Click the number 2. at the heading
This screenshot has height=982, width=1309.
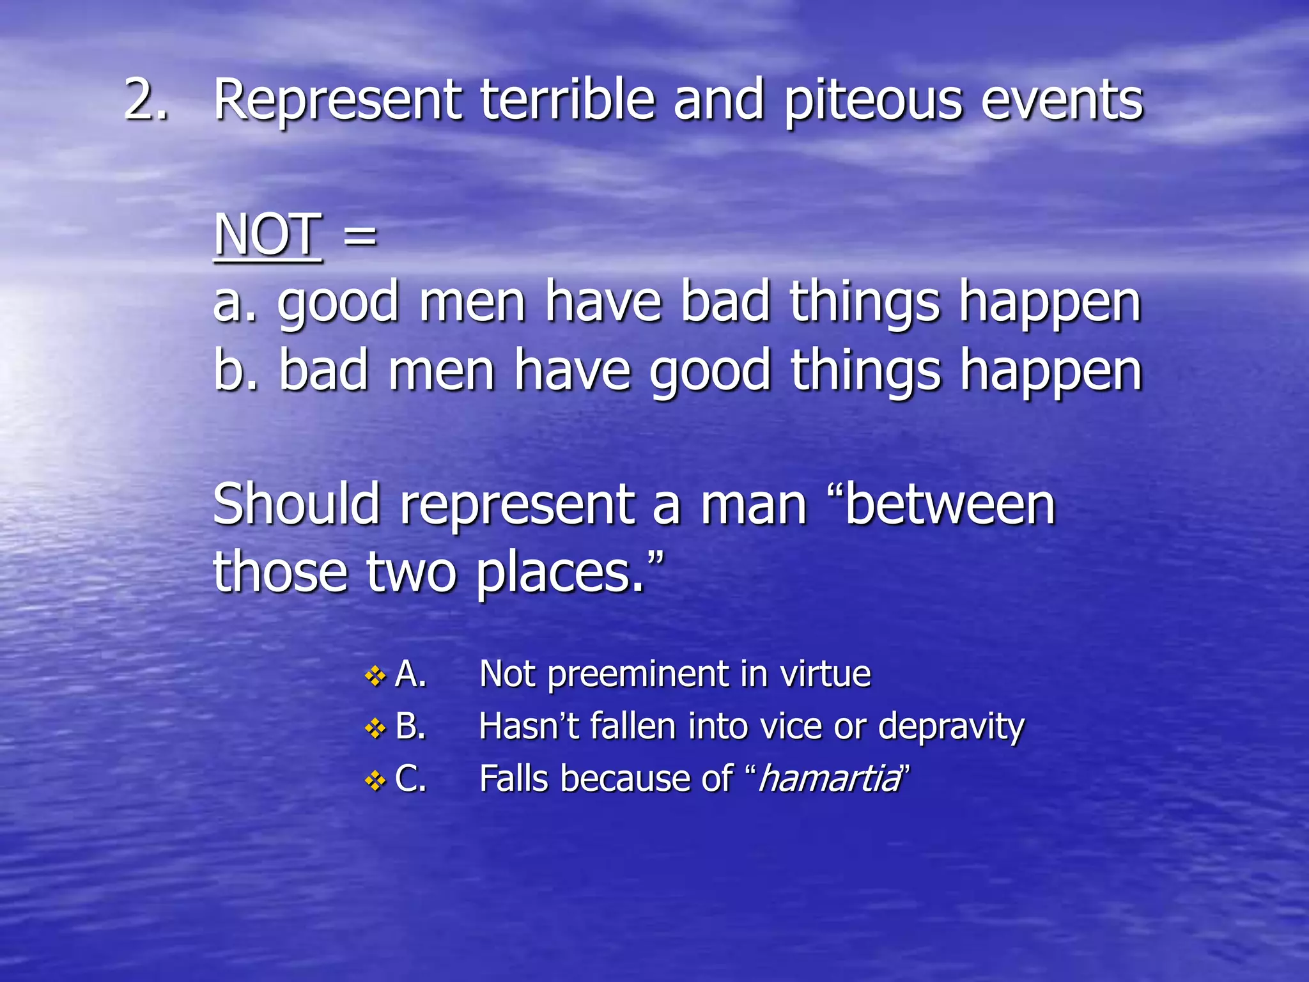[x=146, y=100]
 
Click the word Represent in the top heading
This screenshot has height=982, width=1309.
[x=337, y=101]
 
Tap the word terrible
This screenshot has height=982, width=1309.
[x=568, y=100]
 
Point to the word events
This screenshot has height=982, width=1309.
[x=1062, y=101]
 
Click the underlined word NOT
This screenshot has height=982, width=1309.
[x=267, y=235]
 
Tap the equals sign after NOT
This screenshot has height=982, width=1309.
[x=360, y=235]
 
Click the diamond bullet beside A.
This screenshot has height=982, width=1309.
[x=375, y=676]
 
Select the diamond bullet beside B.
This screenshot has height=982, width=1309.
[x=375, y=728]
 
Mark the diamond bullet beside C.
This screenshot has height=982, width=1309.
[x=375, y=781]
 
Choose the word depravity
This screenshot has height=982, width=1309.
[x=951, y=728]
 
